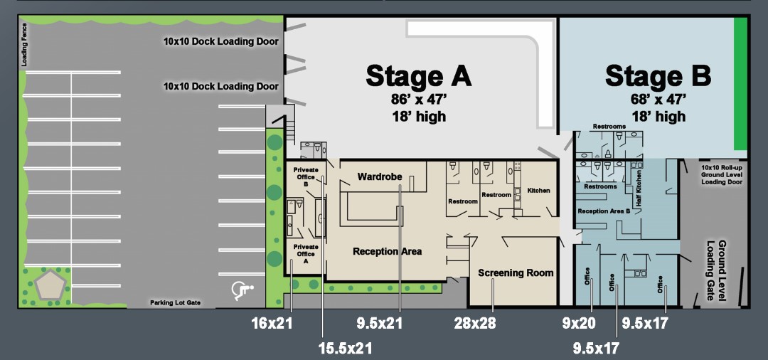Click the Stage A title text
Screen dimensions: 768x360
coord(418,76)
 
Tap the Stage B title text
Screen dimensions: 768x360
coord(658,76)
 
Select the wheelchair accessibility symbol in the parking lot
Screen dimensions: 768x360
coord(242,290)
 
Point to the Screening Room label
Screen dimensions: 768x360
coord(516,272)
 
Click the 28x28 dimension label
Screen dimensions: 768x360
coord(475,323)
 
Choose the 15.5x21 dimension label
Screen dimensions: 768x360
coord(346,348)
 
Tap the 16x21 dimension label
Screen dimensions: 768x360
coord(272,323)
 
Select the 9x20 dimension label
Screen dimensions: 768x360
coord(578,323)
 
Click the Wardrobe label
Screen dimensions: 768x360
coord(380,176)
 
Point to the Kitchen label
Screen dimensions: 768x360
coord(538,190)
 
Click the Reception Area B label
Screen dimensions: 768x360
coord(604,211)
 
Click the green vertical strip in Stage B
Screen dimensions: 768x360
coord(740,84)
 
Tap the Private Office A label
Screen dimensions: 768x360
coord(306,254)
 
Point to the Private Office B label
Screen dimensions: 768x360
coord(306,177)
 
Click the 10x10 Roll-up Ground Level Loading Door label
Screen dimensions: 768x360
coord(722,175)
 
